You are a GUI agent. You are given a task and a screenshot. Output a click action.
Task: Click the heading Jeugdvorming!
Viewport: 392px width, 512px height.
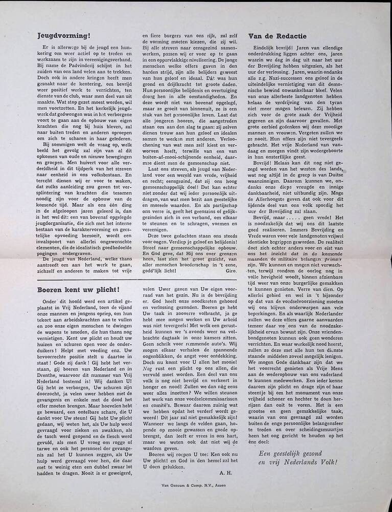tap(63, 36)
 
